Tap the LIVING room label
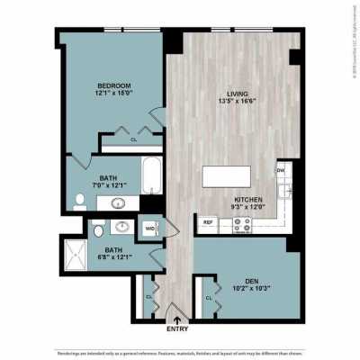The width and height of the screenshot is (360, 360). (x=237, y=91)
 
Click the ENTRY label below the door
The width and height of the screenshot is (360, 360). (x=177, y=329)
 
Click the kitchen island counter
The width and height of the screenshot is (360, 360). (x=226, y=175)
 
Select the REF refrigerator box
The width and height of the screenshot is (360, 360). (x=208, y=222)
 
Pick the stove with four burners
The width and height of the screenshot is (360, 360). (x=242, y=225)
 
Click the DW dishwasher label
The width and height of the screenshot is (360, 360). (x=281, y=170)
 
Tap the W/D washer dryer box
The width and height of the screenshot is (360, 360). (x=148, y=229)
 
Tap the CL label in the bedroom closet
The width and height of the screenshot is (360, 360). (x=133, y=139)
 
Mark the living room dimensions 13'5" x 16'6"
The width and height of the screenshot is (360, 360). (x=237, y=101)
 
